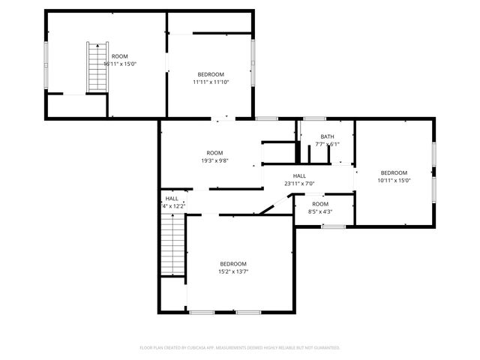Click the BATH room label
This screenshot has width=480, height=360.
[327, 136]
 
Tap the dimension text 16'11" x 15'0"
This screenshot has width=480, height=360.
[120, 64]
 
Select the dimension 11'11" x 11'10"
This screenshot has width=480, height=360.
[211, 82]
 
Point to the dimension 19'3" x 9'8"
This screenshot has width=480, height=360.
[214, 160]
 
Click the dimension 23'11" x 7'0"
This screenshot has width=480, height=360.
[299, 183]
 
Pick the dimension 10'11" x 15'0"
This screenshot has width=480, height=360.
[394, 180]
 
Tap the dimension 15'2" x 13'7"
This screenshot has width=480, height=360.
[233, 271]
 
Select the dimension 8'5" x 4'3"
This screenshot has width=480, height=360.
[320, 211]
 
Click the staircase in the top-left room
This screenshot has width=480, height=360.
[96, 67]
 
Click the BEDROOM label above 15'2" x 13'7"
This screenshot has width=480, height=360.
[233, 264]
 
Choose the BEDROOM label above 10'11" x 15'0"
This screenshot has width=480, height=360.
[394, 172]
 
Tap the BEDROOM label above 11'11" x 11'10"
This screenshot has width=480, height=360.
[211, 74]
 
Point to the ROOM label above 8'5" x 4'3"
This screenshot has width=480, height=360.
[320, 204]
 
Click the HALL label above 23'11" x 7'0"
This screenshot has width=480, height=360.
[299, 175]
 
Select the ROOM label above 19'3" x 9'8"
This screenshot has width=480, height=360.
[214, 153]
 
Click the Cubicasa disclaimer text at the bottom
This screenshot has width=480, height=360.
[240, 348]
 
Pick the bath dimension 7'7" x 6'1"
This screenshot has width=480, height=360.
[327, 144]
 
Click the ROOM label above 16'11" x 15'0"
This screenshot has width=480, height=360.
[120, 56]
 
